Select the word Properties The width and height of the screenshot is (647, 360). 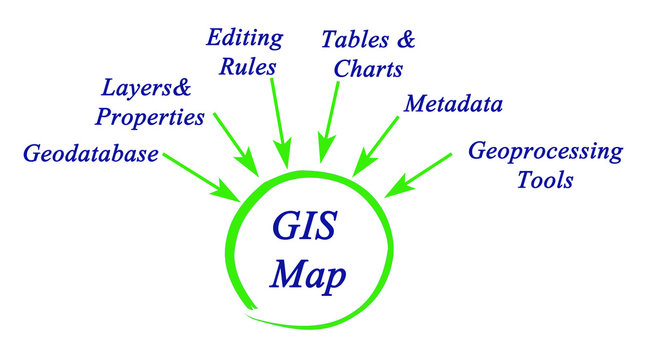(150, 116)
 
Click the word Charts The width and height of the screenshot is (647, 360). (367, 69)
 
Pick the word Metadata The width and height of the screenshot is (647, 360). (453, 104)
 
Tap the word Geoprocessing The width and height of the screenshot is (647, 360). (545, 152)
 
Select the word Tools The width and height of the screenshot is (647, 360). (545, 181)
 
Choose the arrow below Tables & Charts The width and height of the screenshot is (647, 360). (327, 124)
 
